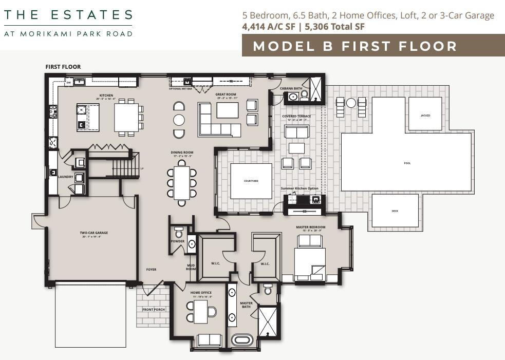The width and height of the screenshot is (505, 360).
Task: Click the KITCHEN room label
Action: pyautogui.click(x=106, y=95)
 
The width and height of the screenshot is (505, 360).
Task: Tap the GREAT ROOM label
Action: pyautogui.click(x=226, y=94)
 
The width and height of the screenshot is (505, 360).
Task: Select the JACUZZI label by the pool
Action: pyautogui.click(x=425, y=116)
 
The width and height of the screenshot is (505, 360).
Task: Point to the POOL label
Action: pyautogui.click(x=407, y=163)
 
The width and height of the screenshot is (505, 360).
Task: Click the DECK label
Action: pyautogui.click(x=395, y=211)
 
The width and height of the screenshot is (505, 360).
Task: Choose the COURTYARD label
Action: pyautogui.click(x=251, y=181)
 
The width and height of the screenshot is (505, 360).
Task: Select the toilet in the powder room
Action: pyautogui.click(x=179, y=232)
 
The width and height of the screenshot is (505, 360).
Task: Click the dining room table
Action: pyautogui.click(x=181, y=183)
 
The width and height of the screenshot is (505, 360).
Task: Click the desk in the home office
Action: pyautogui.click(x=201, y=312)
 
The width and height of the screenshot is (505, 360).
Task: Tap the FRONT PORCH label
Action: pyautogui.click(x=153, y=310)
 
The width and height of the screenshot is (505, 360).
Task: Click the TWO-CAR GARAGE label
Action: pyautogui.click(x=93, y=233)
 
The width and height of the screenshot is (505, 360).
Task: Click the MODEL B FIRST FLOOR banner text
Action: pyautogui.click(x=355, y=46)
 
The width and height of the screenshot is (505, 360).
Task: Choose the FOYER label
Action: pyautogui.click(x=151, y=269)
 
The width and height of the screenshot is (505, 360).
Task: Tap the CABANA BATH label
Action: pyautogui.click(x=291, y=88)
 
